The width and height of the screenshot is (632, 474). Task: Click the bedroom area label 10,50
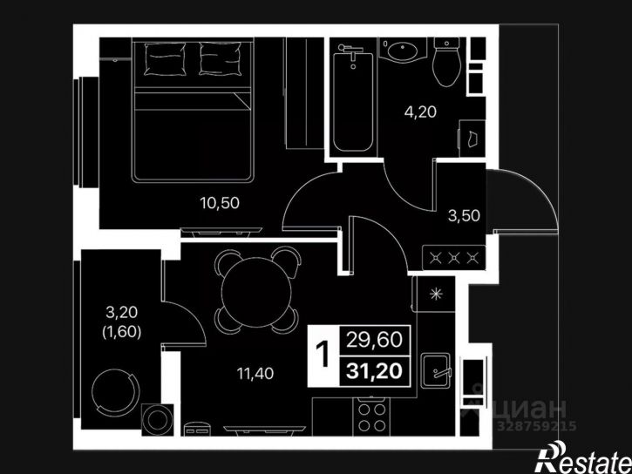[220, 203]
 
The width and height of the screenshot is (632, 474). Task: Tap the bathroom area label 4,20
[420, 112]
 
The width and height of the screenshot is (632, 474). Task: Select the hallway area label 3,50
[464, 216]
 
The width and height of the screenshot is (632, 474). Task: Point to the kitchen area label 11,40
[255, 374]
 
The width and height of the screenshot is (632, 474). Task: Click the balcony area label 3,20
[122, 312]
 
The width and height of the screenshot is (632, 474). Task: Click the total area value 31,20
[375, 371]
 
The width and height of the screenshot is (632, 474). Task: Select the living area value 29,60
[375, 340]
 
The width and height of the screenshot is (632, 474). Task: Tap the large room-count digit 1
[323, 355]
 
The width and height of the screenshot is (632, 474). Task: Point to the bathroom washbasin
[402, 50]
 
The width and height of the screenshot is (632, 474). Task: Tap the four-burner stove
[371, 416]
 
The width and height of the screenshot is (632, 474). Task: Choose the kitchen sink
[436, 370]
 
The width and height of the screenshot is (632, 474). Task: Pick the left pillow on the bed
[165, 59]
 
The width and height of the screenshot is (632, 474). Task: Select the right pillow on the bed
[221, 58]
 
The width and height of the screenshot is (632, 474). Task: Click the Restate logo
[583, 457]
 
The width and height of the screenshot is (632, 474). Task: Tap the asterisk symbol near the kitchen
[436, 295]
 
